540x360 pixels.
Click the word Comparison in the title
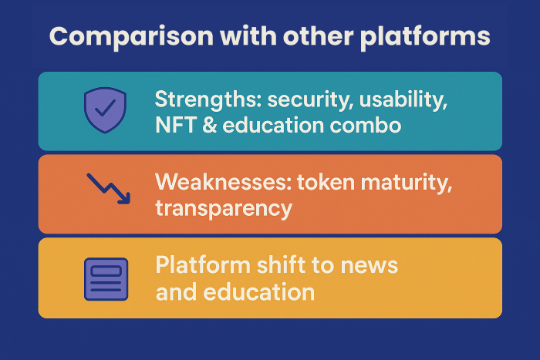click(x=131, y=37)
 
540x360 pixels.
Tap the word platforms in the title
click(x=425, y=37)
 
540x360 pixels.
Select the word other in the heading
click(x=318, y=35)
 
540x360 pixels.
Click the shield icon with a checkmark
click(x=105, y=109)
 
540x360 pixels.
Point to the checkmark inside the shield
click(x=105, y=107)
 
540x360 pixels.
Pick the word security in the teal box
click(x=310, y=100)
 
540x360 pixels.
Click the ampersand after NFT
click(x=209, y=125)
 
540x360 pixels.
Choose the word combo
click(x=366, y=126)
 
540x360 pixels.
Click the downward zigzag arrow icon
click(x=109, y=189)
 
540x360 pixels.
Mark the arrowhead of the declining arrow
click(x=125, y=199)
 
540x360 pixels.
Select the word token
click(x=326, y=182)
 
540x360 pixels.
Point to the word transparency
click(x=224, y=209)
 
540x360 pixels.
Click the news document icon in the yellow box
click(x=106, y=279)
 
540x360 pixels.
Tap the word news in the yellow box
click(x=370, y=267)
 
